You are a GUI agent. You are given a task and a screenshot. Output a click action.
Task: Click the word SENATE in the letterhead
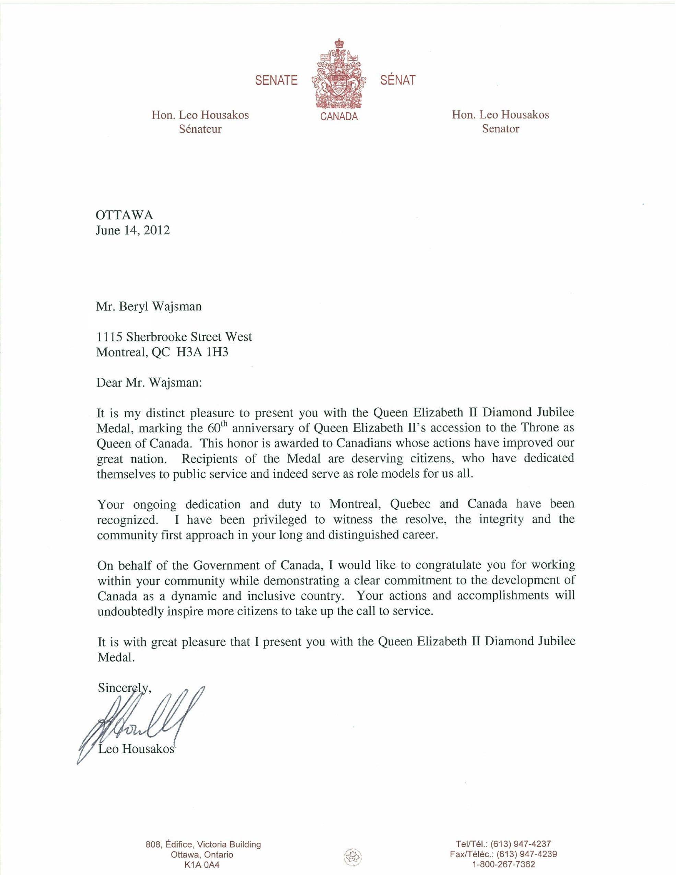click(276, 81)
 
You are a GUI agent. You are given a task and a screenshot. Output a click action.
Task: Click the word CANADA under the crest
click(339, 117)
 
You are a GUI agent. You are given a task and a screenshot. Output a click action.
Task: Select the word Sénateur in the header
click(200, 129)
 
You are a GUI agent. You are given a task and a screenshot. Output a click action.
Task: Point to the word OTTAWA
click(124, 215)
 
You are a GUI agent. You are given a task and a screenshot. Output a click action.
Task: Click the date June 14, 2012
click(133, 230)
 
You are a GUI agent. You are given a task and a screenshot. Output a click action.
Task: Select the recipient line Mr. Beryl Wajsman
click(149, 306)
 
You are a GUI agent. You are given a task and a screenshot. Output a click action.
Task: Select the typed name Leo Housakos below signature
click(137, 748)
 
